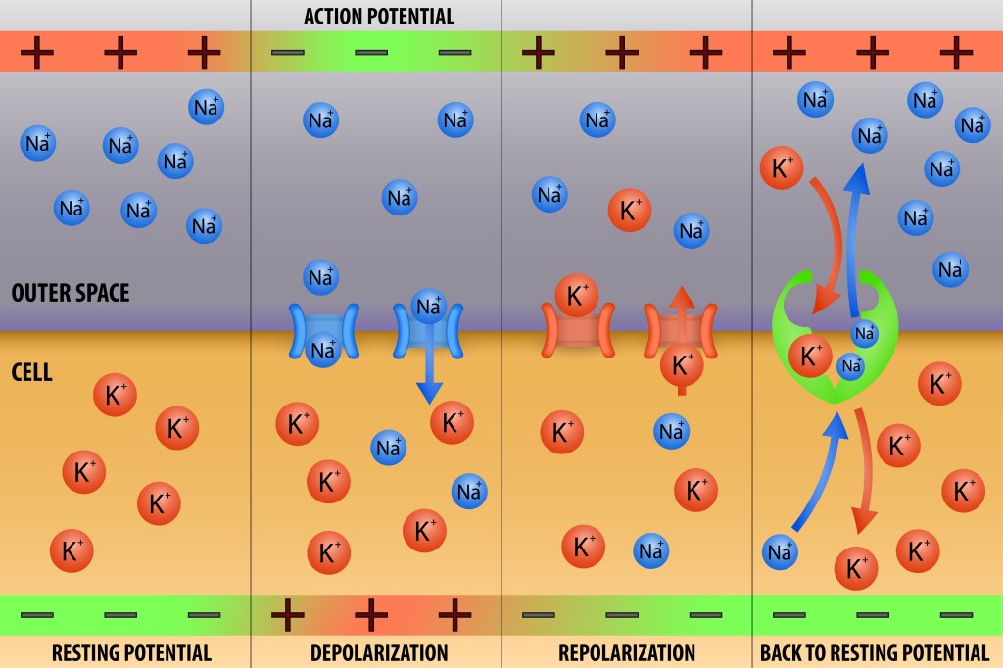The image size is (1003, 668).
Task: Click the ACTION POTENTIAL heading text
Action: (379, 16)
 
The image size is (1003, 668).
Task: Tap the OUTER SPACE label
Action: (71, 293)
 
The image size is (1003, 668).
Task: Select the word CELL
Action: (32, 372)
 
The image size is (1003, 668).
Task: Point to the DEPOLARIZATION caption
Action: (379, 652)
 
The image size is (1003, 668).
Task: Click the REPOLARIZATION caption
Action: (627, 652)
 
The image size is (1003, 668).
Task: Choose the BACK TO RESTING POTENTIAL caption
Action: (875, 652)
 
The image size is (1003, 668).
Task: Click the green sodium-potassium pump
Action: (835, 336)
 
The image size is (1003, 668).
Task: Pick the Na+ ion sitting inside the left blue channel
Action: (323, 350)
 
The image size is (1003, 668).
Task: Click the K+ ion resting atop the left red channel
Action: (576, 296)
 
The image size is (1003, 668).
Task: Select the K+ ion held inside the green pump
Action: (810, 356)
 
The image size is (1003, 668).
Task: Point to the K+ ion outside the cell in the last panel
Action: (781, 167)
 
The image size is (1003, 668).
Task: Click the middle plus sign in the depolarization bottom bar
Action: (371, 615)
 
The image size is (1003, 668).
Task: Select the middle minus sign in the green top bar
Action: (371, 53)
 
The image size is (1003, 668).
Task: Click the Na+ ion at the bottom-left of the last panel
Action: (780, 551)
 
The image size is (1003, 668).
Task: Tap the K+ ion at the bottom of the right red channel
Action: (682, 364)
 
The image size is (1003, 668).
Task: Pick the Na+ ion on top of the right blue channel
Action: (429, 307)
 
